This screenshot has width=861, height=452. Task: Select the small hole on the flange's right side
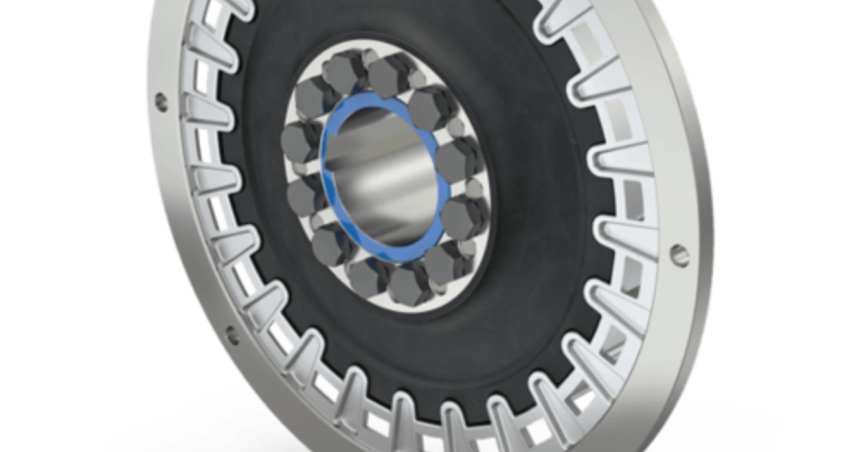tap(678, 253)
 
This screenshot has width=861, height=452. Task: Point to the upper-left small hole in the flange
tap(161, 101)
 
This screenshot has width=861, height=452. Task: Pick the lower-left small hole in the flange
tap(232, 334)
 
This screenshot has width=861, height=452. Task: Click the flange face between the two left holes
tap(179, 222)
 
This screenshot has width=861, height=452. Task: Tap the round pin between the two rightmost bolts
tap(474, 188)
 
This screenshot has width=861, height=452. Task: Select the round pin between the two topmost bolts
tap(362, 57)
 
